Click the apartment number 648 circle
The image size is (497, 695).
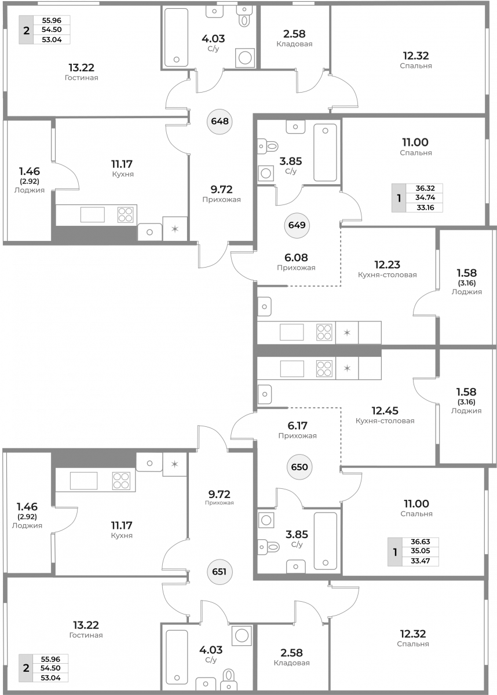tap(220, 121)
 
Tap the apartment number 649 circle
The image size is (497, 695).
tap(297, 225)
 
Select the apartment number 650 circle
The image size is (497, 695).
tap(299, 467)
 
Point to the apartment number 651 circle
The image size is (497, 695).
tap(220, 572)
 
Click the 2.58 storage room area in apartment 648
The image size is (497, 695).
tap(294, 34)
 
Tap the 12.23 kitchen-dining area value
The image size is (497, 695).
tap(387, 265)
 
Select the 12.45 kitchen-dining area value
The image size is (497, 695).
tap(385, 411)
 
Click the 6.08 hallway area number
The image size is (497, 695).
tap(296, 258)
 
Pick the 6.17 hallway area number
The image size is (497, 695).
tap(297, 426)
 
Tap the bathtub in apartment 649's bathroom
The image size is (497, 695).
tap(325, 152)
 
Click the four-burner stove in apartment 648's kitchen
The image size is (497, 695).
tap(126, 214)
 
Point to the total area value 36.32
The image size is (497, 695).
tap(425, 188)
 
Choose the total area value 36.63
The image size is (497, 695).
tap(421, 542)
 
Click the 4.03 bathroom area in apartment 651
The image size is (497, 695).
tap(211, 650)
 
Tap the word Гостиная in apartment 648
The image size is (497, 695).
tap(81, 78)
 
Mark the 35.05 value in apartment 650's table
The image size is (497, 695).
tap(421, 551)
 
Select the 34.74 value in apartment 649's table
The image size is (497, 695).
tap(425, 197)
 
